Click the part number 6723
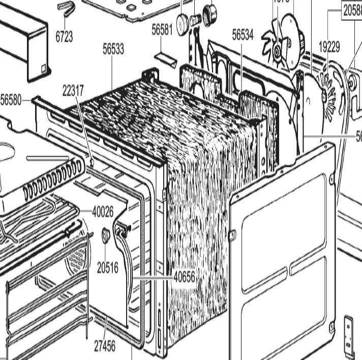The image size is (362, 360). (x=64, y=37)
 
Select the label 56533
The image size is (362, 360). (x=113, y=49)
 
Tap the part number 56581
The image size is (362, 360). (x=162, y=30)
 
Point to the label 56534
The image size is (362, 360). (x=243, y=35)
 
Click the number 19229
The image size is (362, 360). (x=329, y=47)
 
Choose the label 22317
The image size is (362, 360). (x=73, y=90)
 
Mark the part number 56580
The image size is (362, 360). (x=11, y=100)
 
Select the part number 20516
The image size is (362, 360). (x=108, y=267)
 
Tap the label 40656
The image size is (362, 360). (x=185, y=277)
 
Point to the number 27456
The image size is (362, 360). (x=105, y=347)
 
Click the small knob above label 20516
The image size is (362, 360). (x=106, y=235)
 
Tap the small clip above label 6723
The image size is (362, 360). (x=66, y=7)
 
